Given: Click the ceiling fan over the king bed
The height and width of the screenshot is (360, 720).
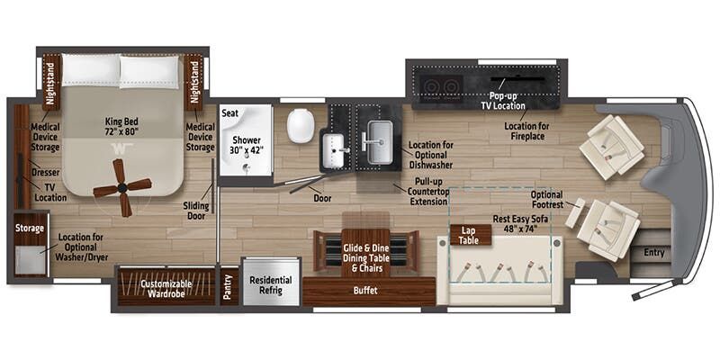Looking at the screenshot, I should [x=121, y=187].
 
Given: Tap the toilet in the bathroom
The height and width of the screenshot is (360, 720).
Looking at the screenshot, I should [x=301, y=124].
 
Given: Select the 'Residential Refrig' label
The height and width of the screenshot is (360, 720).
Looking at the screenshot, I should [x=270, y=285].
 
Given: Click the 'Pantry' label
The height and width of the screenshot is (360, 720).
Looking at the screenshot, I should [x=229, y=287].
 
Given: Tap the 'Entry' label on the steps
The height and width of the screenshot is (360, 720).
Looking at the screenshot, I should [x=654, y=253].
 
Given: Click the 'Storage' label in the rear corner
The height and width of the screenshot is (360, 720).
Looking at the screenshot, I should [x=29, y=229].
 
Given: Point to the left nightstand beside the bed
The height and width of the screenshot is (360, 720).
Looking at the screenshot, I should [x=51, y=82].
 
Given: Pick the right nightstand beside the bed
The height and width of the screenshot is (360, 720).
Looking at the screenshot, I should [x=193, y=82].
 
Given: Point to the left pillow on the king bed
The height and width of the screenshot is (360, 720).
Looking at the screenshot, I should [x=91, y=70].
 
